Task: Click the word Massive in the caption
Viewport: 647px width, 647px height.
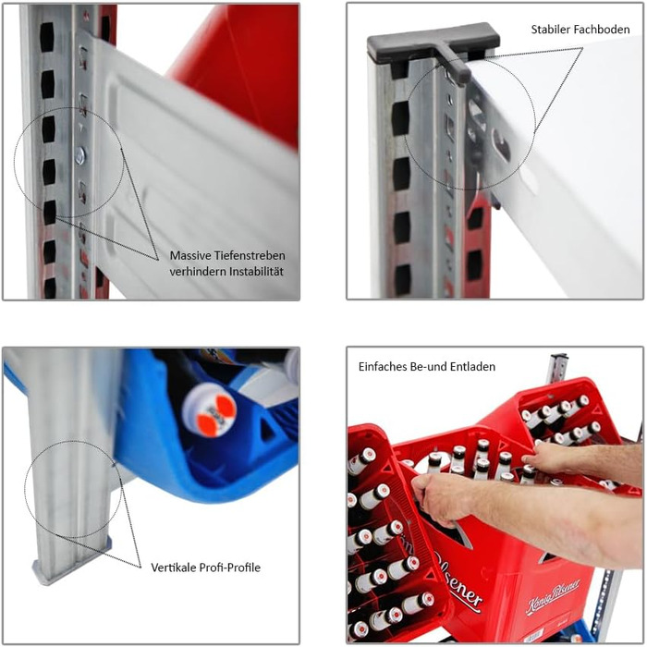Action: pyautogui.click(x=189, y=255)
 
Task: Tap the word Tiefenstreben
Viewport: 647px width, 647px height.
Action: pyautogui.click(x=249, y=255)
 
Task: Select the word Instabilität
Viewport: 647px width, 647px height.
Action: pyautogui.click(x=257, y=272)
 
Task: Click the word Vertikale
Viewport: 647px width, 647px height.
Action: pyautogui.click(x=174, y=568)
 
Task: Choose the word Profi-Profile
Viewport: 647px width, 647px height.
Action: pyautogui.click(x=230, y=568)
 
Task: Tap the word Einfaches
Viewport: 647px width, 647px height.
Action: pyautogui.click(x=382, y=366)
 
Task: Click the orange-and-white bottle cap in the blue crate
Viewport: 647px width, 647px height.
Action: pyautogui.click(x=210, y=409)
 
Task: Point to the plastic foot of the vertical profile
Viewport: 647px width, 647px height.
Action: pyautogui.click(x=72, y=566)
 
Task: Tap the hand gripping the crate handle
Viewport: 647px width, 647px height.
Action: pyautogui.click(x=439, y=498)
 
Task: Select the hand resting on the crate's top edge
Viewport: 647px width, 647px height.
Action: pyautogui.click(x=549, y=458)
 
